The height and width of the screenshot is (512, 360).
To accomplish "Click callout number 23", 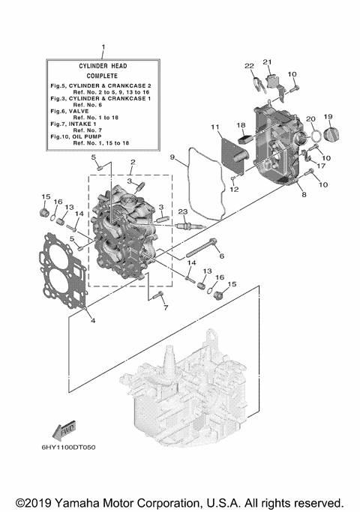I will pyautogui.click(x=181, y=213).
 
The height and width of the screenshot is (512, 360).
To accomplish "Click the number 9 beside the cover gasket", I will pyautogui.click(x=172, y=157).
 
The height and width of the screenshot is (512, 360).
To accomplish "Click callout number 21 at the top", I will pyautogui.click(x=267, y=62).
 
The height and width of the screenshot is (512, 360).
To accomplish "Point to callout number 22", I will pyautogui.click(x=250, y=67).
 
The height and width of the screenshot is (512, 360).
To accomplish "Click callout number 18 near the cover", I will pyautogui.click(x=241, y=125).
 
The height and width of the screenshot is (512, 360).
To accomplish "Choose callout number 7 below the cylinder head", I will pyautogui.click(x=166, y=307).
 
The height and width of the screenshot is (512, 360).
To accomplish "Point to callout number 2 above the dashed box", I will pyautogui.click(x=133, y=162).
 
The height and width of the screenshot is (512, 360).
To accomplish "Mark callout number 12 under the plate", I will pyautogui.click(x=234, y=189).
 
